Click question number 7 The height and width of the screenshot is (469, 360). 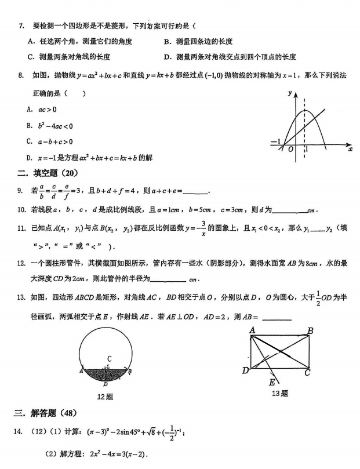pos(21,26)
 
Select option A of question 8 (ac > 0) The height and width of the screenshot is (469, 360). pos(44,109)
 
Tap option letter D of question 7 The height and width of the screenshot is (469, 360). pos(167,57)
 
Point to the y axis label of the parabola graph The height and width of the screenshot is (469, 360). pos(289,93)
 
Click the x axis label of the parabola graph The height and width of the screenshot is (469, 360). pos(350,149)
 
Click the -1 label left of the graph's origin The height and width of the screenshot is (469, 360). pos(275,142)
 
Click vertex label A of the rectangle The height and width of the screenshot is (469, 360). pos(253,330)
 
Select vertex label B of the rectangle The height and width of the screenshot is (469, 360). pos(311,331)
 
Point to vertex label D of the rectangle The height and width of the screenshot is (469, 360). pos(245,370)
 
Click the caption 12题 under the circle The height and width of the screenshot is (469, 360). pos(105,397)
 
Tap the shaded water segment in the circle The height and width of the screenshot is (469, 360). pos(106,376)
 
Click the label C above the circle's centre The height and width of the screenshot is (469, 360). pos(108,358)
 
